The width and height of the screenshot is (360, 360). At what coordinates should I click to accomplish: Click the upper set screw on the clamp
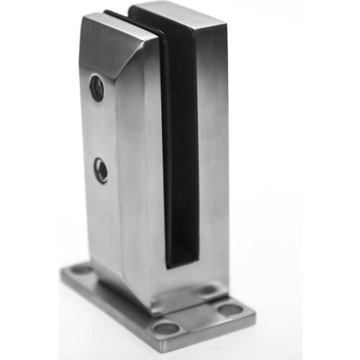tap(96, 88)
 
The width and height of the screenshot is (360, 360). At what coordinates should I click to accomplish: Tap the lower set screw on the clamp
tap(102, 171)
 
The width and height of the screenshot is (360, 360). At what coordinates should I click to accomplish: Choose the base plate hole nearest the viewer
tap(166, 328)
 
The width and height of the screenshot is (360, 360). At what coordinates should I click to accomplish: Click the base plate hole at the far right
tap(230, 310)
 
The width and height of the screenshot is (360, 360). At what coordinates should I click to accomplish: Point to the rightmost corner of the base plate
tap(254, 314)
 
